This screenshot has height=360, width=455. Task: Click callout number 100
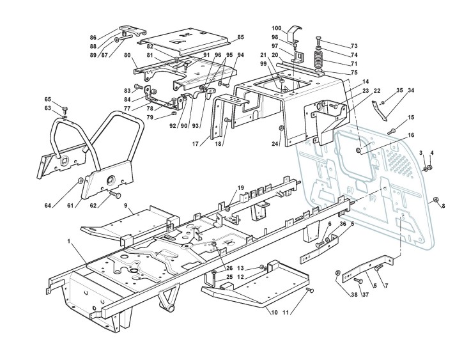277,29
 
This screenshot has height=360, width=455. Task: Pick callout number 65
47,99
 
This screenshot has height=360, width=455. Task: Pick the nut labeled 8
435,201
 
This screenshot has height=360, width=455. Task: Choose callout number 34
410,91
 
